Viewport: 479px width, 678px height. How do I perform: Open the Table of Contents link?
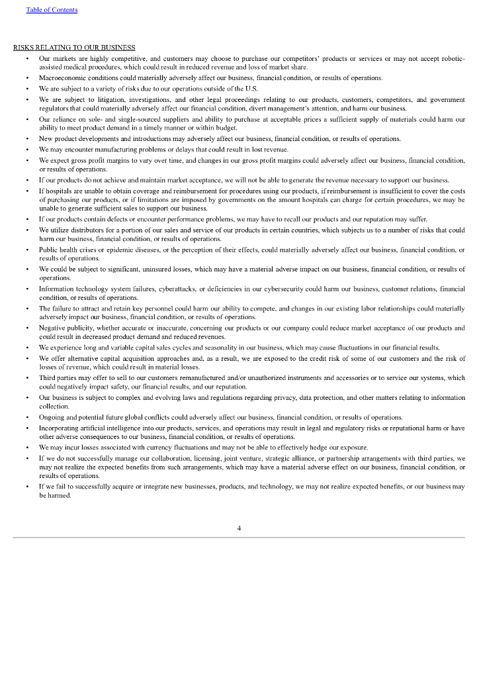click(52, 10)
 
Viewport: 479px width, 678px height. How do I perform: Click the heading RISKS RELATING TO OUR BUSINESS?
click(74, 48)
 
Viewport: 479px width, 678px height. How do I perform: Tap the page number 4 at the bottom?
click(239, 528)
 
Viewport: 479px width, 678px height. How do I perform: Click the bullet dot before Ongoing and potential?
click(27, 418)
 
